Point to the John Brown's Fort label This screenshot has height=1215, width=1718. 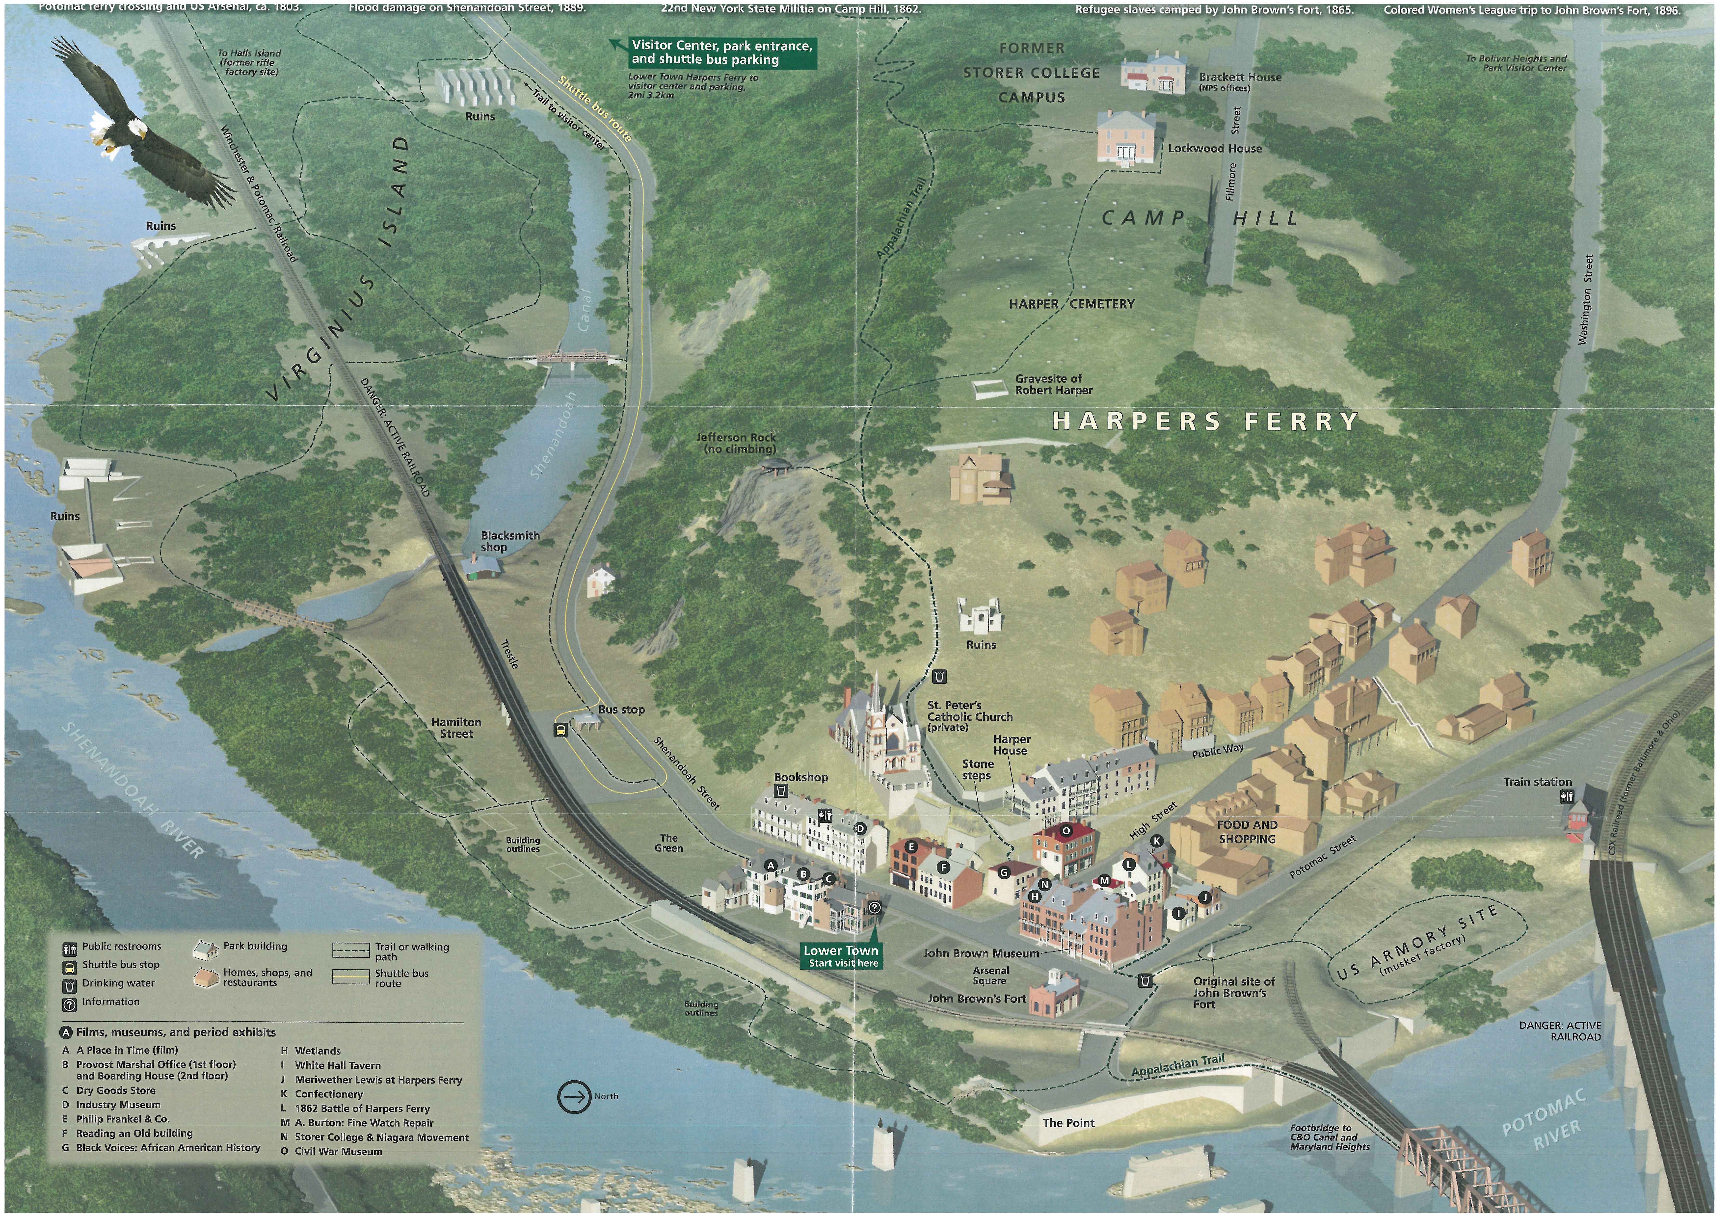976,999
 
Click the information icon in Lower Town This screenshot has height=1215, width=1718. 875,908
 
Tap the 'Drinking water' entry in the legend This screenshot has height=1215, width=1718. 118,983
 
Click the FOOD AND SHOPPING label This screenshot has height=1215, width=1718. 1247,832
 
